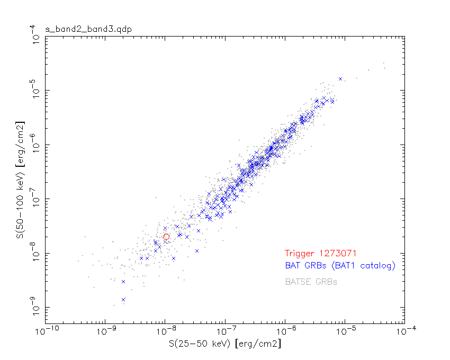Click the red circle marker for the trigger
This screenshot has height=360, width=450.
point(166,237)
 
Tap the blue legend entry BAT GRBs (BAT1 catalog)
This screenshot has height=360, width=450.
point(340,266)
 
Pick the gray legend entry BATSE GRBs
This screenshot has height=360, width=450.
point(311,282)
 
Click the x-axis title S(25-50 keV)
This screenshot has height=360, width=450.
point(224,344)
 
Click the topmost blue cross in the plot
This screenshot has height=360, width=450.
point(340,79)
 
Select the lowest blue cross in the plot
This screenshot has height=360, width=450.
point(123,300)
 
